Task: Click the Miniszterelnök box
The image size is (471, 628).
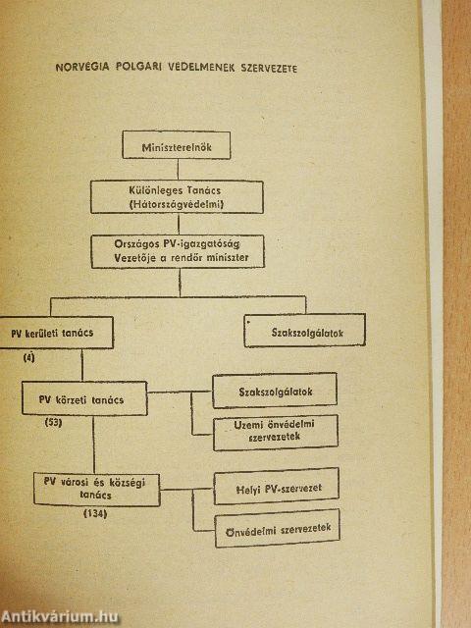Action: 177,145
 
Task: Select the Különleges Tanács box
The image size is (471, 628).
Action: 177,197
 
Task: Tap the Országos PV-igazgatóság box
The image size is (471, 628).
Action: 178,251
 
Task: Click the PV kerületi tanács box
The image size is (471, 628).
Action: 56,333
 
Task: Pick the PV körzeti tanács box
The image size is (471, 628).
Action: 84,398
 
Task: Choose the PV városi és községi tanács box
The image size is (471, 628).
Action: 96,490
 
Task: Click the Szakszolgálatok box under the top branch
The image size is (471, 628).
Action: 305,331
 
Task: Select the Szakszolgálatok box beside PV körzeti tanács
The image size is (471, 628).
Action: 275,391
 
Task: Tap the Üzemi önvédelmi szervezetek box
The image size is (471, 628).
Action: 276,433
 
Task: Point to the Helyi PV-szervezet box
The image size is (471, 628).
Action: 277,487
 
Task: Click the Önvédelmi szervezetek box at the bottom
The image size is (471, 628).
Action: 278,529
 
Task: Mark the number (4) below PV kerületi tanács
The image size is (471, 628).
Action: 28,357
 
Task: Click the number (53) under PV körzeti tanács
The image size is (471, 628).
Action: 53,422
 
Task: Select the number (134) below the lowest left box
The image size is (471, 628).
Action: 95,513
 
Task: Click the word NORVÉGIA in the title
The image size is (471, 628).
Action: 82,67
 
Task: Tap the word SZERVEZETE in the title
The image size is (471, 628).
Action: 269,68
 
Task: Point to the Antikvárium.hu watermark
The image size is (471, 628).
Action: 60,617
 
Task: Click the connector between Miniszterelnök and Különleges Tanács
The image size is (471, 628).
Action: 178,170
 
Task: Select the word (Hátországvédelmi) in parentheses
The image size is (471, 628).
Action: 177,204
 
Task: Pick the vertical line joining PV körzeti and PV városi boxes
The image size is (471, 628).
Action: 94,445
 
